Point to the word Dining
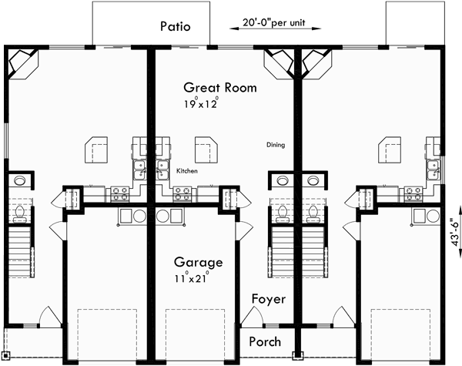(276, 145)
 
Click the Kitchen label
(188, 171)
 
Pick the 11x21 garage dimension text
(191, 277)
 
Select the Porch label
(264, 341)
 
